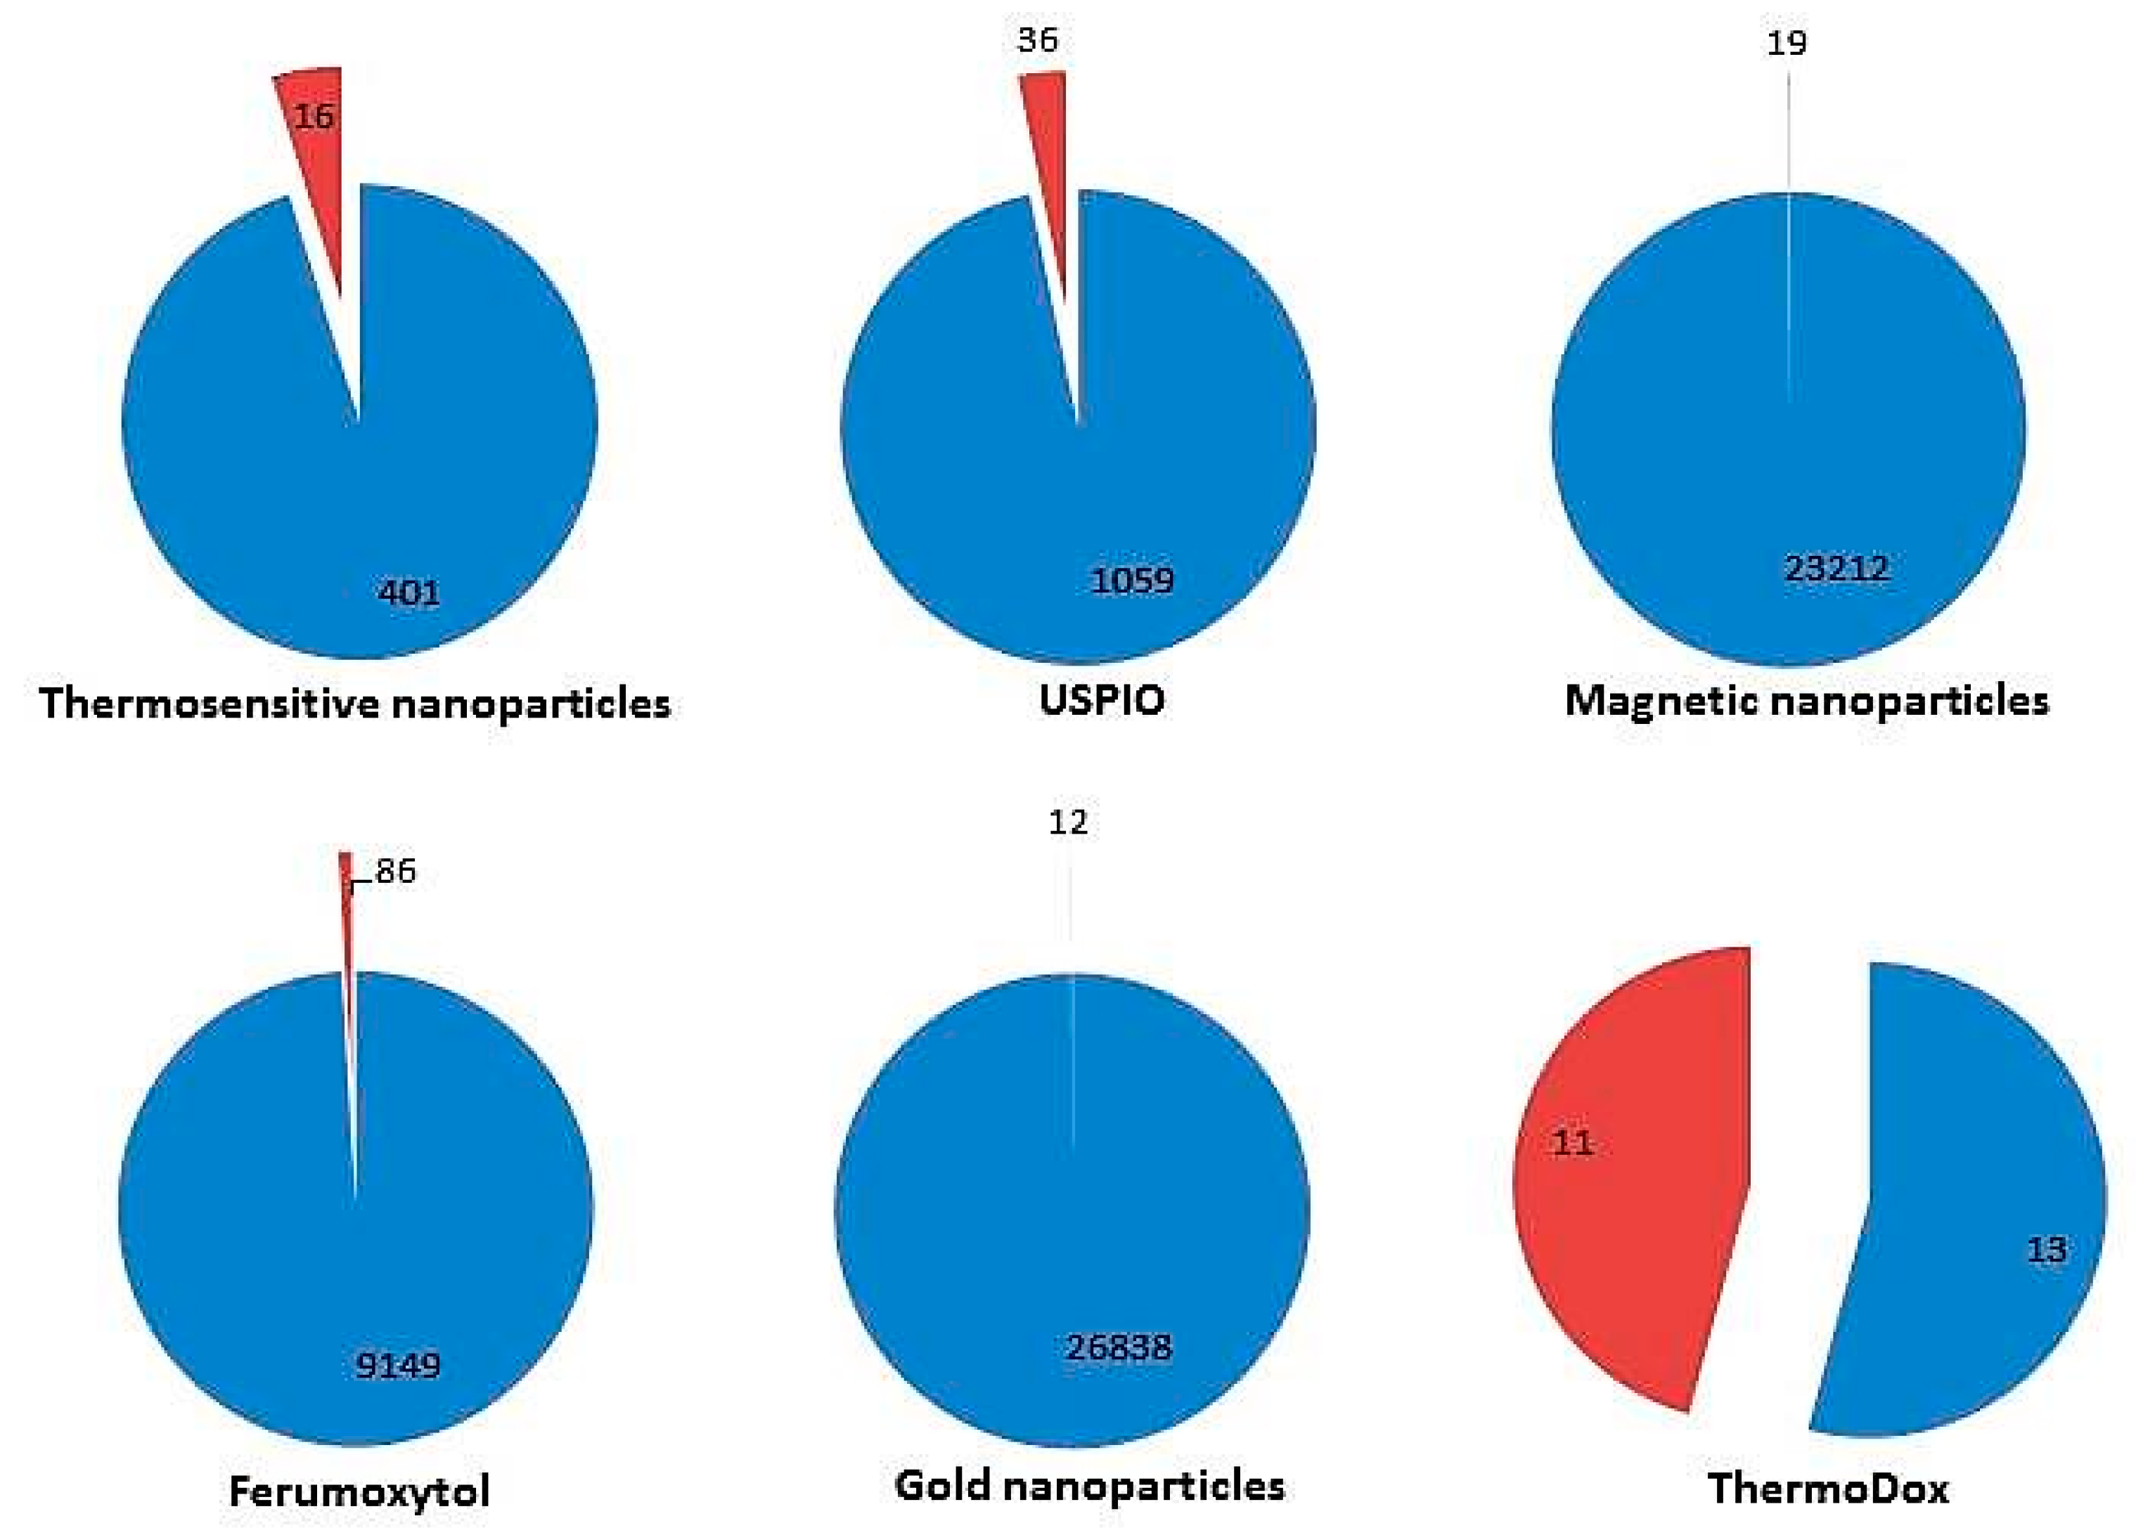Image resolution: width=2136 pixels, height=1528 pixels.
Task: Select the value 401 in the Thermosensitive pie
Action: [408, 593]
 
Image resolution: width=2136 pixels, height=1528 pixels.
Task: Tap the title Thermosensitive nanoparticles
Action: [355, 704]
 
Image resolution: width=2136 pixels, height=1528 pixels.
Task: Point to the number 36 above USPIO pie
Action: [1037, 39]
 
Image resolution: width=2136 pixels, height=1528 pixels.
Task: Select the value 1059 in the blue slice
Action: [1132, 580]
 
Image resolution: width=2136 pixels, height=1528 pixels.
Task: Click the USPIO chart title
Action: [1102, 700]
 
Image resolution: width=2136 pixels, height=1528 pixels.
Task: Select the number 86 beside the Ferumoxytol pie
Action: [395, 872]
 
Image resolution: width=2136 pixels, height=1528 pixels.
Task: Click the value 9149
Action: [397, 1364]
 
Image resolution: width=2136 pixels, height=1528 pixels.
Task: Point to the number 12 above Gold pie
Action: [1067, 822]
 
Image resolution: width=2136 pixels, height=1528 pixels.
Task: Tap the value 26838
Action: [1118, 1347]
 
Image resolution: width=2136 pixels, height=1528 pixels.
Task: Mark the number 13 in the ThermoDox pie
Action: [2046, 1250]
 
